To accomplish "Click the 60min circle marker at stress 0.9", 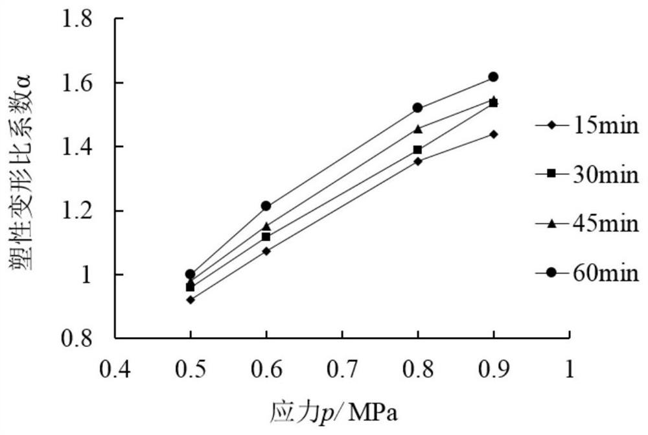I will (493, 76).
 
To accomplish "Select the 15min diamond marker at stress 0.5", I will (190, 300).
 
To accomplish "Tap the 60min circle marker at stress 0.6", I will (266, 206).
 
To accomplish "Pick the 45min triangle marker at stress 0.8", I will (417, 128).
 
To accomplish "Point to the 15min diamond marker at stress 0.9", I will (493, 134).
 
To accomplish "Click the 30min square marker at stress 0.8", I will (417, 150).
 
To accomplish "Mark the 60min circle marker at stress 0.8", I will (417, 108).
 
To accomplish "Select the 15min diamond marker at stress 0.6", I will (266, 251).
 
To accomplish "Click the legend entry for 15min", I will (587, 124).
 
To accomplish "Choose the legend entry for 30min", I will (587, 173).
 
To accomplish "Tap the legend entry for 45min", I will (587, 224).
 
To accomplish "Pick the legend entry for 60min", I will (587, 274).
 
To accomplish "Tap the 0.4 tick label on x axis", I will (114, 370).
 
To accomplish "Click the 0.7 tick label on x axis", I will (341, 370).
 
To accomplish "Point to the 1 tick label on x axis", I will (569, 370).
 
